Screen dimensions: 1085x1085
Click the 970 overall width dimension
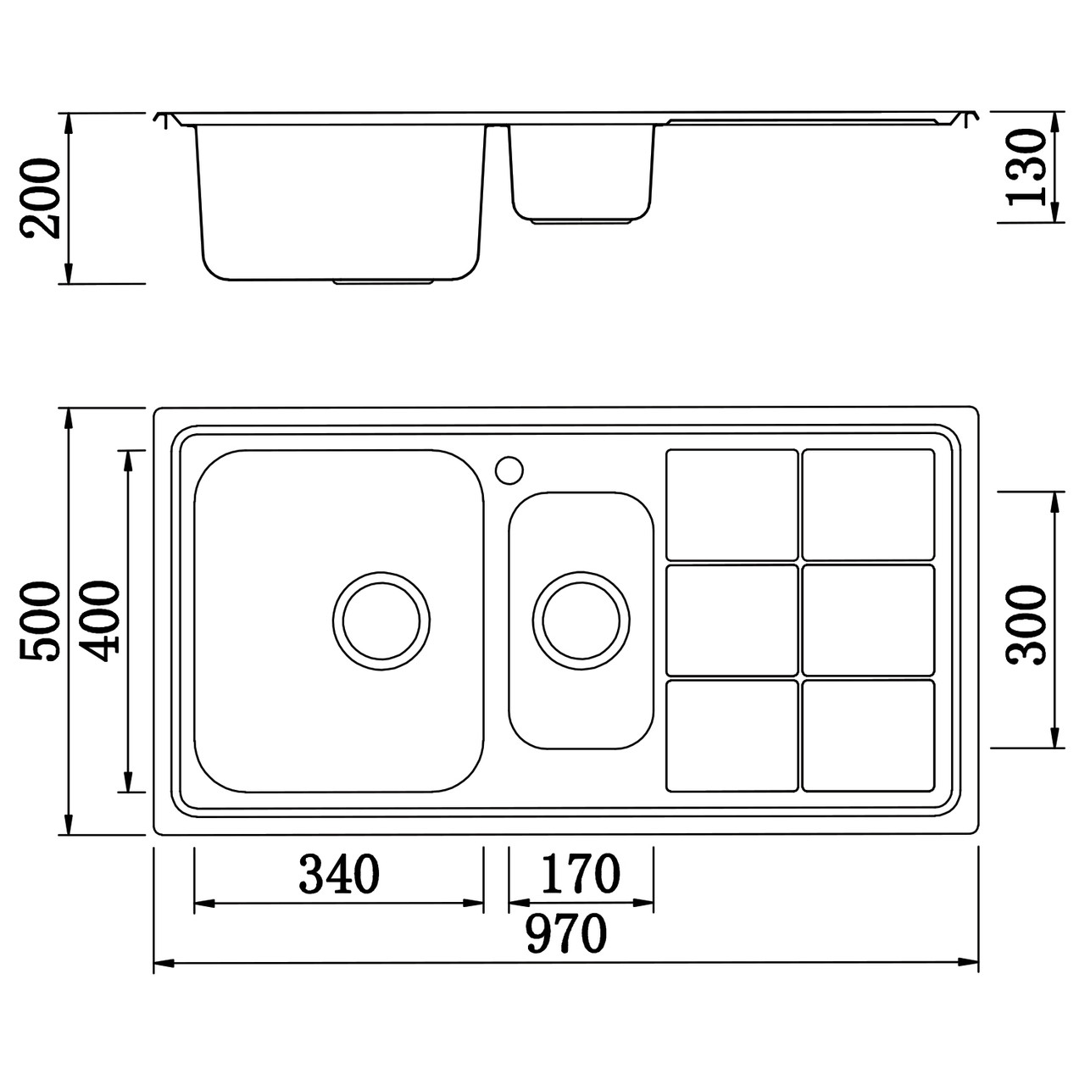coord(566,934)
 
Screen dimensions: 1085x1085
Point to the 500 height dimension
coord(40,621)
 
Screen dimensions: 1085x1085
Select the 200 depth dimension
coord(41,198)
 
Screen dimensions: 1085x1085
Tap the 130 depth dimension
coord(1025,167)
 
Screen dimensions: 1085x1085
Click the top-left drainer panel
coord(732,504)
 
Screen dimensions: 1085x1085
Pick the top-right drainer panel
coord(868,504)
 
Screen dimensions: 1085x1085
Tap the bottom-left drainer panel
coord(732,735)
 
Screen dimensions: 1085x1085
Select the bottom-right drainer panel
coord(868,735)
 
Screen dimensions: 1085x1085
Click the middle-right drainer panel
coord(868,620)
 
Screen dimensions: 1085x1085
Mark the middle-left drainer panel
coord(732,620)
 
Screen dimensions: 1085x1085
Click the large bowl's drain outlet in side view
coord(385,281)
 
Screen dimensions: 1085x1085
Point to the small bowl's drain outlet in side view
coord(581,222)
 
